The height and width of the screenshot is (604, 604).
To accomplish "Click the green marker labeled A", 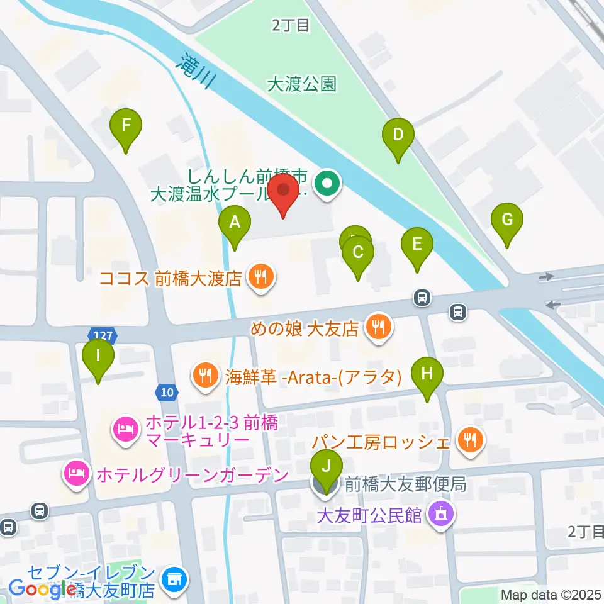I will click(x=235, y=222).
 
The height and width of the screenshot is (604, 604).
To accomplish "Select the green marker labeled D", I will click(x=398, y=135).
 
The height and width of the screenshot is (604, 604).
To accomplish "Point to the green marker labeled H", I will click(x=427, y=374).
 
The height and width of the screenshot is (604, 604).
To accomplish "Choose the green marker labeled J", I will click(x=326, y=467).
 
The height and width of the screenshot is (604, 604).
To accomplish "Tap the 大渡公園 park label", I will click(x=301, y=84).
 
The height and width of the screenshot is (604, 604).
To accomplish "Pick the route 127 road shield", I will click(x=101, y=333).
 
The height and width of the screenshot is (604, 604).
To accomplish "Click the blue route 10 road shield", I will click(x=165, y=392).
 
